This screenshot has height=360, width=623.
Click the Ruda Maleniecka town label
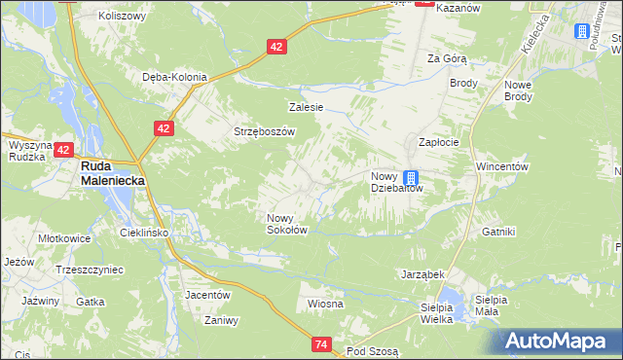pos(105,173)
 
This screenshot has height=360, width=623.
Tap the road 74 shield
pos(323,343)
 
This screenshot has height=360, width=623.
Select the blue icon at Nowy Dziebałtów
pos(411,178)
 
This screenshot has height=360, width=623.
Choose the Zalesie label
pos(306,107)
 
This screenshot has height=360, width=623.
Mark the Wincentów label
pos(501,166)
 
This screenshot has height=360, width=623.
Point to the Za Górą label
pos(447,58)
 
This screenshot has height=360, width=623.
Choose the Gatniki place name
pos(498,232)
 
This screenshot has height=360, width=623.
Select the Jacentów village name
pos(207,294)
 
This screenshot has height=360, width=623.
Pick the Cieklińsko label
pos(144,234)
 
